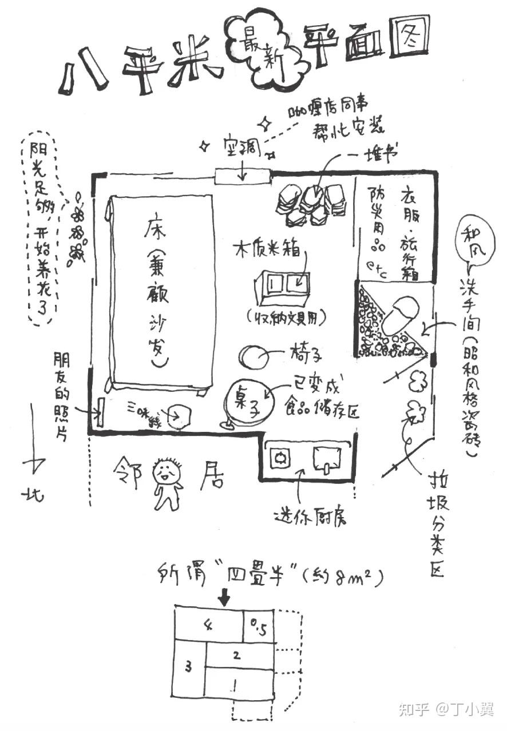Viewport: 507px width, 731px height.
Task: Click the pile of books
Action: pyautogui.click(x=311, y=203)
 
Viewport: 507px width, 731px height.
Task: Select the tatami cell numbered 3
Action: pyautogui.click(x=189, y=666)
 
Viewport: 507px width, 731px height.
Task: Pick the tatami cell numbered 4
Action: pyautogui.click(x=209, y=625)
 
